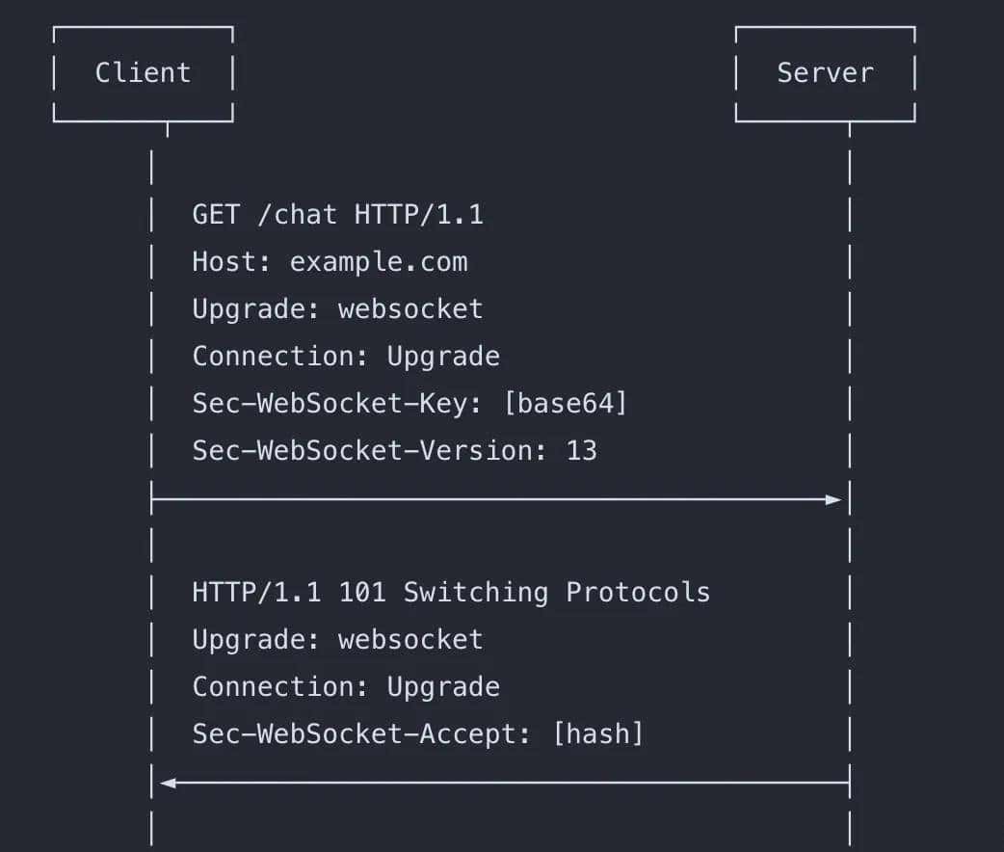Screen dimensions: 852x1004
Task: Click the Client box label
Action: coord(143,73)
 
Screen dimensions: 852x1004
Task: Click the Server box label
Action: coord(825,73)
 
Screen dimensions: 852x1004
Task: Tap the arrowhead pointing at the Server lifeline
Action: coord(833,499)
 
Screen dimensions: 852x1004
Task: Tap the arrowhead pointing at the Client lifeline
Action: coord(168,783)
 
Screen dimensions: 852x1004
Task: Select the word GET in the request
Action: coord(216,214)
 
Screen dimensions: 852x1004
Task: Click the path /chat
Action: coord(297,214)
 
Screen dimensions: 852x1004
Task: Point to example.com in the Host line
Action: coord(379,261)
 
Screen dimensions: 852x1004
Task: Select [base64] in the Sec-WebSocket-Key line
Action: coord(565,403)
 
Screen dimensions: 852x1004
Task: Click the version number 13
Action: coord(581,450)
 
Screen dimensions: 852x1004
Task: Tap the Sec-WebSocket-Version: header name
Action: coord(370,450)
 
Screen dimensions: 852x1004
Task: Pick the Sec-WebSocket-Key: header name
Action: coord(337,403)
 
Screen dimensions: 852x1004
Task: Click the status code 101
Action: coord(362,592)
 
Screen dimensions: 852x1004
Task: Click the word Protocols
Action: coord(638,592)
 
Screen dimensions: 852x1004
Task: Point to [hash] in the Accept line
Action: coord(597,734)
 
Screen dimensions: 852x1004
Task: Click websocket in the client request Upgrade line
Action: coord(410,308)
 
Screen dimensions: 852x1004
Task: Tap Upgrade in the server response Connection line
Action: coord(443,686)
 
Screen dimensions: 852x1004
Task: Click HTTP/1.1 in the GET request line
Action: coord(418,214)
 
